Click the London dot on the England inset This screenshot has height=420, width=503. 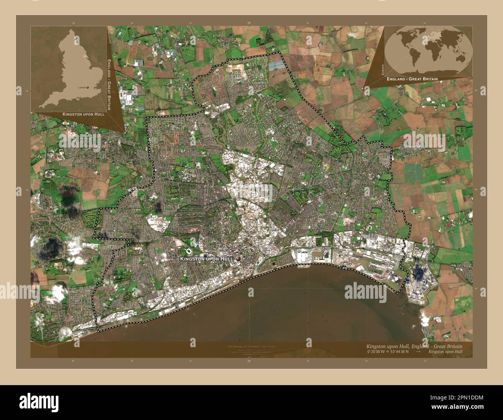pyautogui.click(x=88, y=88)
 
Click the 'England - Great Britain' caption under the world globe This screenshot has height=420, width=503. pyautogui.click(x=412, y=79)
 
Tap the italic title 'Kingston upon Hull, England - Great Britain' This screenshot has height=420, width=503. pyautogui.click(x=414, y=346)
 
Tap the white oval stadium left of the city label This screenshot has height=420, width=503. pyautogui.click(x=190, y=253)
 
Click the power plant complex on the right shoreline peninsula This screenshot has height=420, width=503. pyautogui.click(x=419, y=277)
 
